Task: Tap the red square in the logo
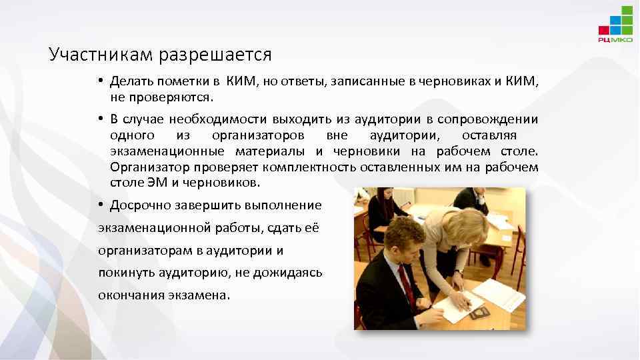click(x=603, y=29)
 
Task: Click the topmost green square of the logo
click(x=627, y=11)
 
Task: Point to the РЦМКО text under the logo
click(x=615, y=40)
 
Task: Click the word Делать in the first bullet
click(x=132, y=81)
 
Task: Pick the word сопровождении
click(x=488, y=119)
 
